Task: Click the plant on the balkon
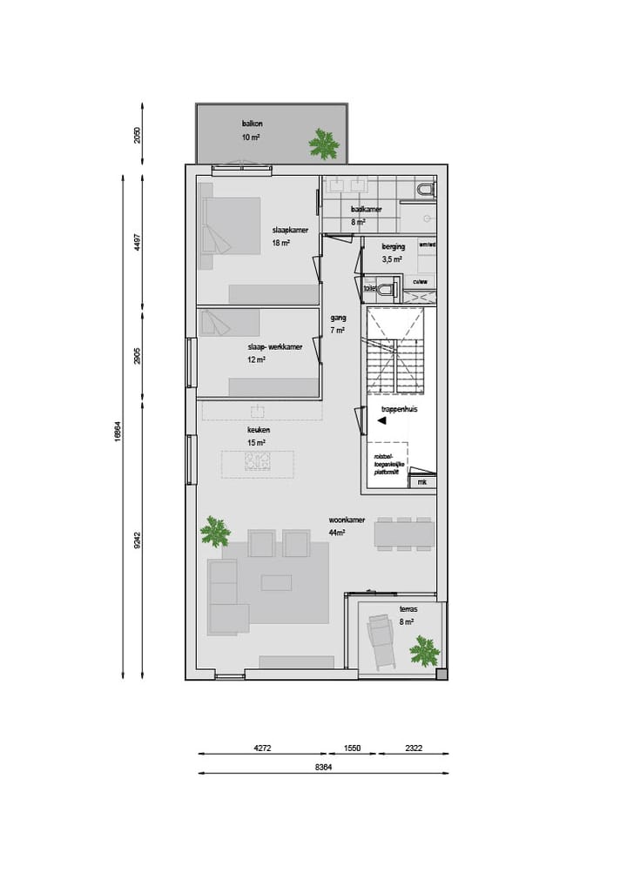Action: (324, 143)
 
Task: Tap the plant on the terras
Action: (424, 650)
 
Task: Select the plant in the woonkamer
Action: (214, 530)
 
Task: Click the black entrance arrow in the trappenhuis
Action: (381, 420)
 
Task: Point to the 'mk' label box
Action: (422, 481)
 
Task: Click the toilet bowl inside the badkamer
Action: (425, 188)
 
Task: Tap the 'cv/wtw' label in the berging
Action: (421, 282)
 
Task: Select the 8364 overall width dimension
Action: (323, 768)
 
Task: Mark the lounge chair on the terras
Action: (381, 641)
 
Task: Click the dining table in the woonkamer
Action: (403, 534)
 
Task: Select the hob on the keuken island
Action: (256, 464)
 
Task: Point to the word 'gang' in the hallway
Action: (338, 318)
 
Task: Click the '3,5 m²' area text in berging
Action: (392, 258)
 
